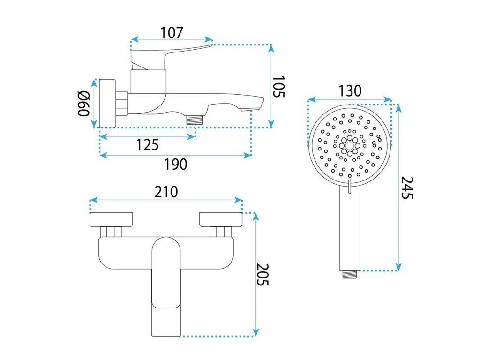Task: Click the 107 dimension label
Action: [x=172, y=33]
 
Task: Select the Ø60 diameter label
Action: [x=83, y=104]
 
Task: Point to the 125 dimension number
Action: [x=147, y=145]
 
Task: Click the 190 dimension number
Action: [x=175, y=164]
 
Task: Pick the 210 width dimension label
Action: [x=166, y=192]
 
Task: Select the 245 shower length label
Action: [x=407, y=187]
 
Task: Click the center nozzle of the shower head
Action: [x=350, y=145]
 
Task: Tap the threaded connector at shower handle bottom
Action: [x=349, y=274]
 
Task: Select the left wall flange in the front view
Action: [x=111, y=218]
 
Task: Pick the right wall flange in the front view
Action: [x=221, y=218]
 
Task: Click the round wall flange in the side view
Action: [x=108, y=103]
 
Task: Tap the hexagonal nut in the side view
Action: [x=123, y=103]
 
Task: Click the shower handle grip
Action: [x=350, y=230]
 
